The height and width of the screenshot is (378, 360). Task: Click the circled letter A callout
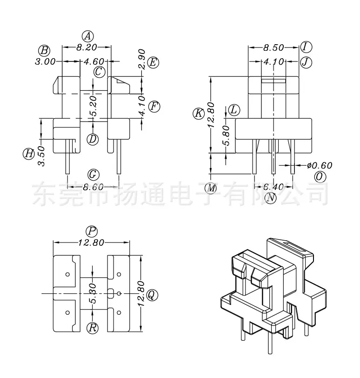pyautogui.click(x=87, y=36)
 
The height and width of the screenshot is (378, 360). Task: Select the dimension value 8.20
pyautogui.click(x=87, y=47)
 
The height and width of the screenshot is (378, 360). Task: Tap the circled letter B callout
pyautogui.click(x=44, y=51)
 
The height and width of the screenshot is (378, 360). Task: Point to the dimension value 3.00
pyautogui.click(x=45, y=61)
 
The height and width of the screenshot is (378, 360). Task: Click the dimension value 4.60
pyautogui.click(x=94, y=61)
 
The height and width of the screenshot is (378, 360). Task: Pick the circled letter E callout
pyautogui.click(x=153, y=62)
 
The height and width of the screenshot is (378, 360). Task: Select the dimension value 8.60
pyautogui.click(x=93, y=187)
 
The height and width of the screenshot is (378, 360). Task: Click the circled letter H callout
pyautogui.click(x=29, y=154)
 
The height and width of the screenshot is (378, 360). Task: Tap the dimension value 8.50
pyautogui.click(x=273, y=47)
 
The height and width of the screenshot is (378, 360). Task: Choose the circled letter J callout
pyautogui.click(x=306, y=62)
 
